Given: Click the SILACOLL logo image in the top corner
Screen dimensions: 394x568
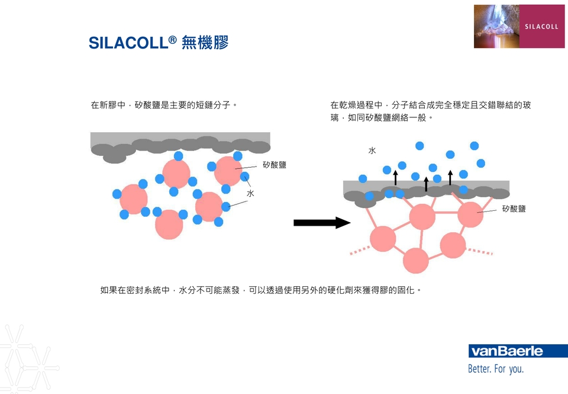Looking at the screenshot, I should click(x=519, y=26).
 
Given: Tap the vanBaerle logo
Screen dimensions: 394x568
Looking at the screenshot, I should click(x=506, y=351).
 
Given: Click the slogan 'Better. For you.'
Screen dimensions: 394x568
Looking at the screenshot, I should click(x=496, y=369).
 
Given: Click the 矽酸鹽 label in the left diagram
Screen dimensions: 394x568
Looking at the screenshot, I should click(x=275, y=165).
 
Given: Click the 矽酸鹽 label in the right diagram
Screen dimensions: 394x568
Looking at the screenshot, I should click(x=514, y=209).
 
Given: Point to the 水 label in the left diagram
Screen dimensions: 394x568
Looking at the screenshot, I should click(x=251, y=193).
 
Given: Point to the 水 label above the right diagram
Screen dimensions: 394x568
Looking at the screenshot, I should click(x=372, y=150).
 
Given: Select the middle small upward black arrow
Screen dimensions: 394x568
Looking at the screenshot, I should click(x=426, y=183).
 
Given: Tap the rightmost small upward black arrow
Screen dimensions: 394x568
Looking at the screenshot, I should click(x=450, y=177).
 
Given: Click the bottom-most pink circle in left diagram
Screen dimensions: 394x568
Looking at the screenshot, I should click(x=169, y=225).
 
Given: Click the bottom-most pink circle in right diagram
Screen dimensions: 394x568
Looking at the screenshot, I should click(x=416, y=261).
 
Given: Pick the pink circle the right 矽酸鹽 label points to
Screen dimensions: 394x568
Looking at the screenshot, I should click(x=470, y=214).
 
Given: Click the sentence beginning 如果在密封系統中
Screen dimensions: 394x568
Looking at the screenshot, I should click(x=261, y=290).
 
